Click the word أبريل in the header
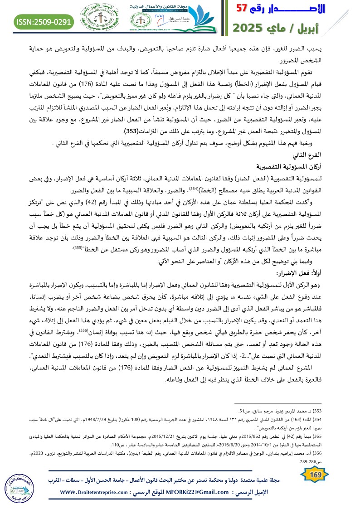point(331,28)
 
